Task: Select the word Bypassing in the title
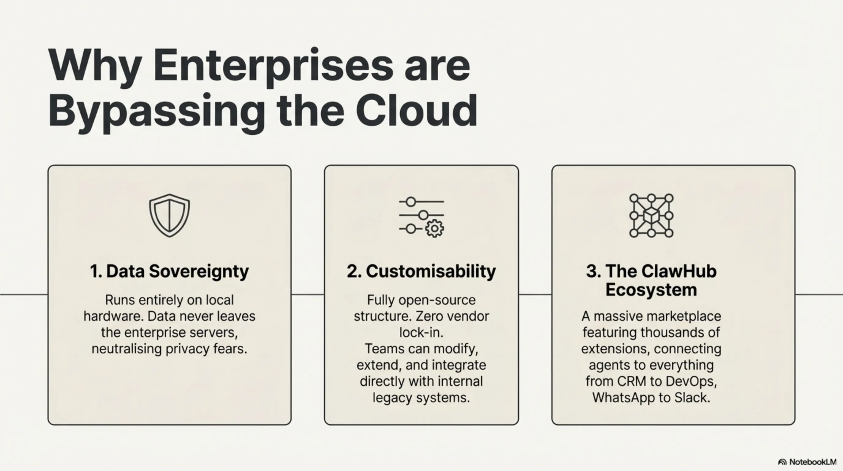pos(157,113)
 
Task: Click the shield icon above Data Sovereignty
pos(169,215)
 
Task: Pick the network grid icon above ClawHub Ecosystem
pos(651,216)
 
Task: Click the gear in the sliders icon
pos(435,229)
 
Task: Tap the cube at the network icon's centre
pos(651,216)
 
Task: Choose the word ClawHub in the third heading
pos(679,271)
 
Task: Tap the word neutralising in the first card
pos(126,349)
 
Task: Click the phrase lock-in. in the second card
pos(421,332)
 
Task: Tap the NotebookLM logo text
pos(813,462)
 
